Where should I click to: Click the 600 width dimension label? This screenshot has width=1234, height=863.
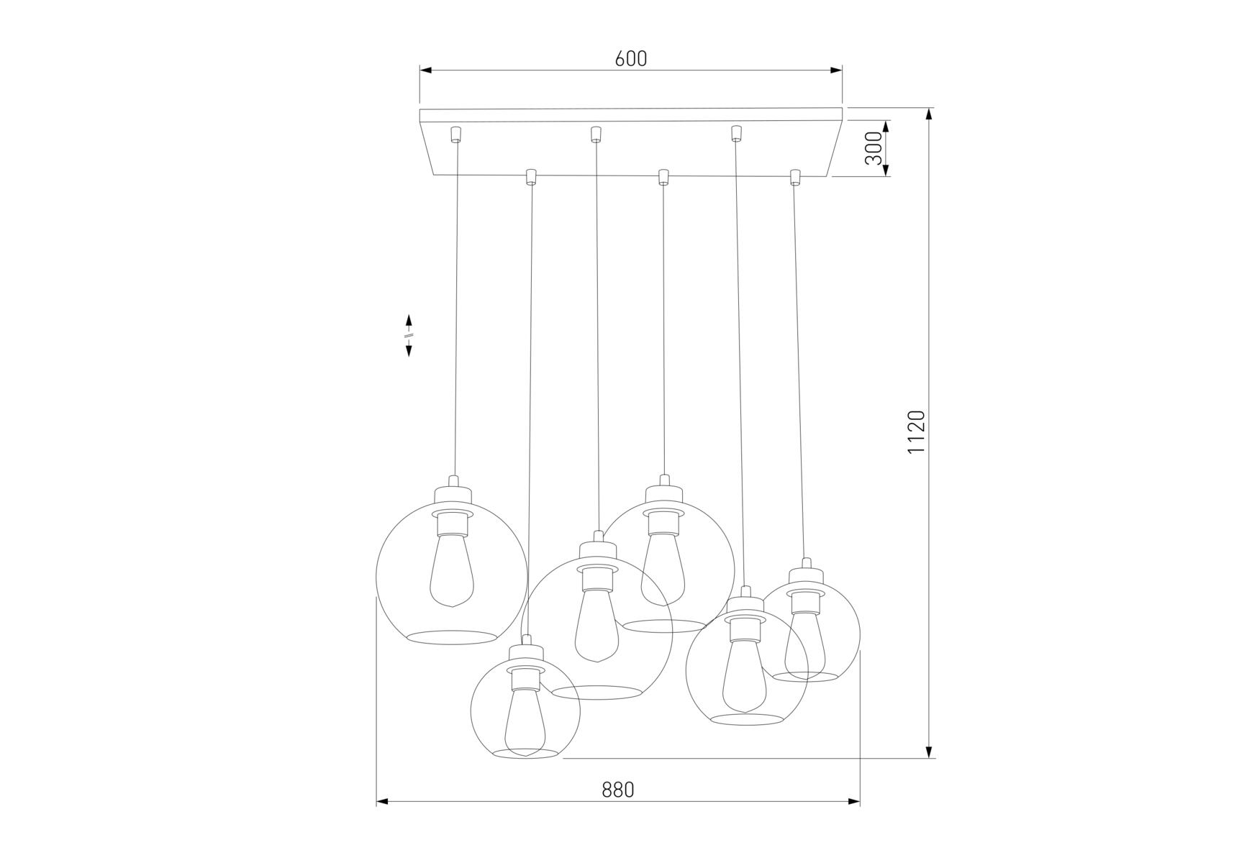pyautogui.click(x=631, y=58)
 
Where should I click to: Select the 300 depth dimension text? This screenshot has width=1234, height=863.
pyautogui.click(x=873, y=148)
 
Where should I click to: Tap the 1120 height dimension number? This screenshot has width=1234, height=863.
pyautogui.click(x=915, y=432)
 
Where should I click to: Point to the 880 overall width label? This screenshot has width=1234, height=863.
pyautogui.click(x=618, y=790)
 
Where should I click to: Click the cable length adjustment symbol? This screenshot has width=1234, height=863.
pyautogui.click(x=409, y=335)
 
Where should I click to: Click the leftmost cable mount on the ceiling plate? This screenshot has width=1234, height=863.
pyautogui.click(x=455, y=134)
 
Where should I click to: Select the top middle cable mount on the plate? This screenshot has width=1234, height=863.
pyautogui.click(x=595, y=134)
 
